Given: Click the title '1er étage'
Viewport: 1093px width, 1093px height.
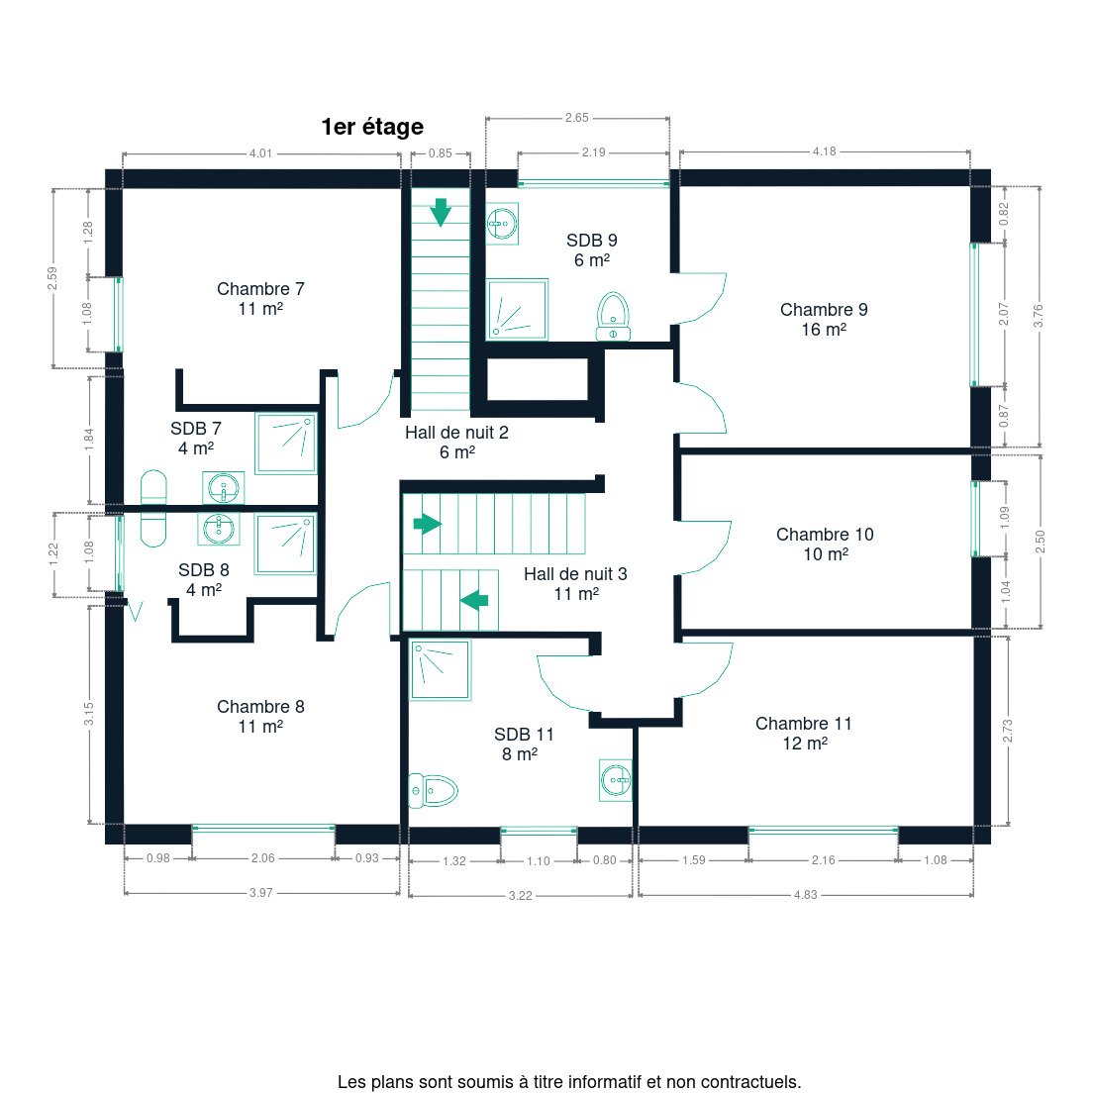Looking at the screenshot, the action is (x=372, y=127).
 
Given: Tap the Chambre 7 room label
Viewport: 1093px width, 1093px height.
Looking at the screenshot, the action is (x=260, y=298).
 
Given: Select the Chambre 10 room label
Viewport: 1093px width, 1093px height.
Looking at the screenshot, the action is (x=825, y=544).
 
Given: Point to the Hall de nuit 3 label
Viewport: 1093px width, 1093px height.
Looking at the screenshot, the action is (x=576, y=583).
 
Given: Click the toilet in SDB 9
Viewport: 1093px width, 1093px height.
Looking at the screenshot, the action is (x=614, y=317).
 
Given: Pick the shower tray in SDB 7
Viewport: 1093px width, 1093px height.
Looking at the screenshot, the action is (x=286, y=444).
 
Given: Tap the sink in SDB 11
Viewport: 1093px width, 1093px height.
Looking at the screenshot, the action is (x=616, y=780).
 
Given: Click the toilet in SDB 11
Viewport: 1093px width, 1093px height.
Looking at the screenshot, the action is (x=433, y=790).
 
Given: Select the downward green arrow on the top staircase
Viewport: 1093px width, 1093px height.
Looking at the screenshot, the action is (x=441, y=212).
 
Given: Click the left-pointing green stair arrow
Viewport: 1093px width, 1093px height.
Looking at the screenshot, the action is (x=474, y=600).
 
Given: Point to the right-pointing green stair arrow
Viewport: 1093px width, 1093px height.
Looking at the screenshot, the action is (x=428, y=524).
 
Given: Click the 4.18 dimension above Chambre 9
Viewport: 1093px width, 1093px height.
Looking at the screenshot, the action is (x=824, y=151).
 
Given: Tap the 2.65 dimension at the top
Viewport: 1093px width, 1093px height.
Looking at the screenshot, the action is (x=577, y=118).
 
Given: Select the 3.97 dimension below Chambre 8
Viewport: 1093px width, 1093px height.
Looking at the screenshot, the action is (x=261, y=893).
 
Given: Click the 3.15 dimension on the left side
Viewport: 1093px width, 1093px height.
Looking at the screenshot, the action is (x=88, y=714).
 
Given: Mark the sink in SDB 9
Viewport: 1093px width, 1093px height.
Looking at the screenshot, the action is (x=502, y=224).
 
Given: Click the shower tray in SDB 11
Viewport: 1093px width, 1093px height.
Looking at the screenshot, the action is (x=440, y=670).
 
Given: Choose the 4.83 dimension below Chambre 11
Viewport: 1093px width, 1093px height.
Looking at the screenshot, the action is (x=805, y=894).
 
